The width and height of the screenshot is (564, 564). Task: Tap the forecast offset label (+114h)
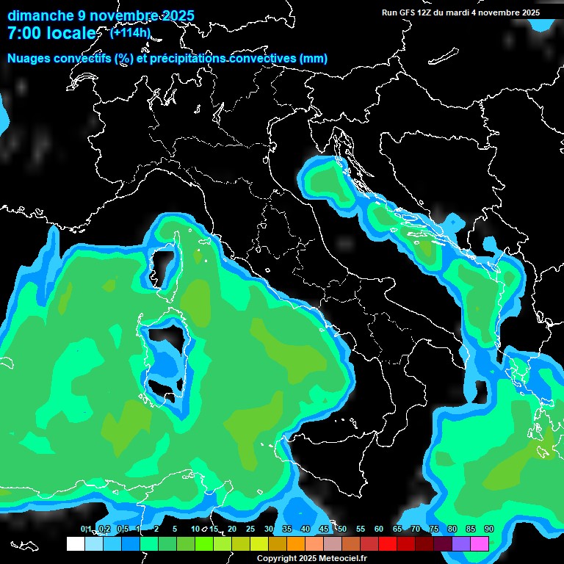click(x=130, y=32)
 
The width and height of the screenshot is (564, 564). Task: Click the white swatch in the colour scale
click(x=75, y=543)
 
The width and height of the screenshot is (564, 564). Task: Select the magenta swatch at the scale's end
click(x=480, y=543)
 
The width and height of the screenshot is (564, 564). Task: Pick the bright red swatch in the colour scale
click(x=388, y=543)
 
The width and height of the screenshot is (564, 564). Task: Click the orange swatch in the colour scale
click(x=296, y=543)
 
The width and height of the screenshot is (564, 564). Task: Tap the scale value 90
click(x=488, y=529)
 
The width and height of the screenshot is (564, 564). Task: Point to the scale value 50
click(x=341, y=529)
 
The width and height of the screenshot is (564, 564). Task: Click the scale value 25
click(x=250, y=529)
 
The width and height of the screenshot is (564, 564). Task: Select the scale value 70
click(x=415, y=529)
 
